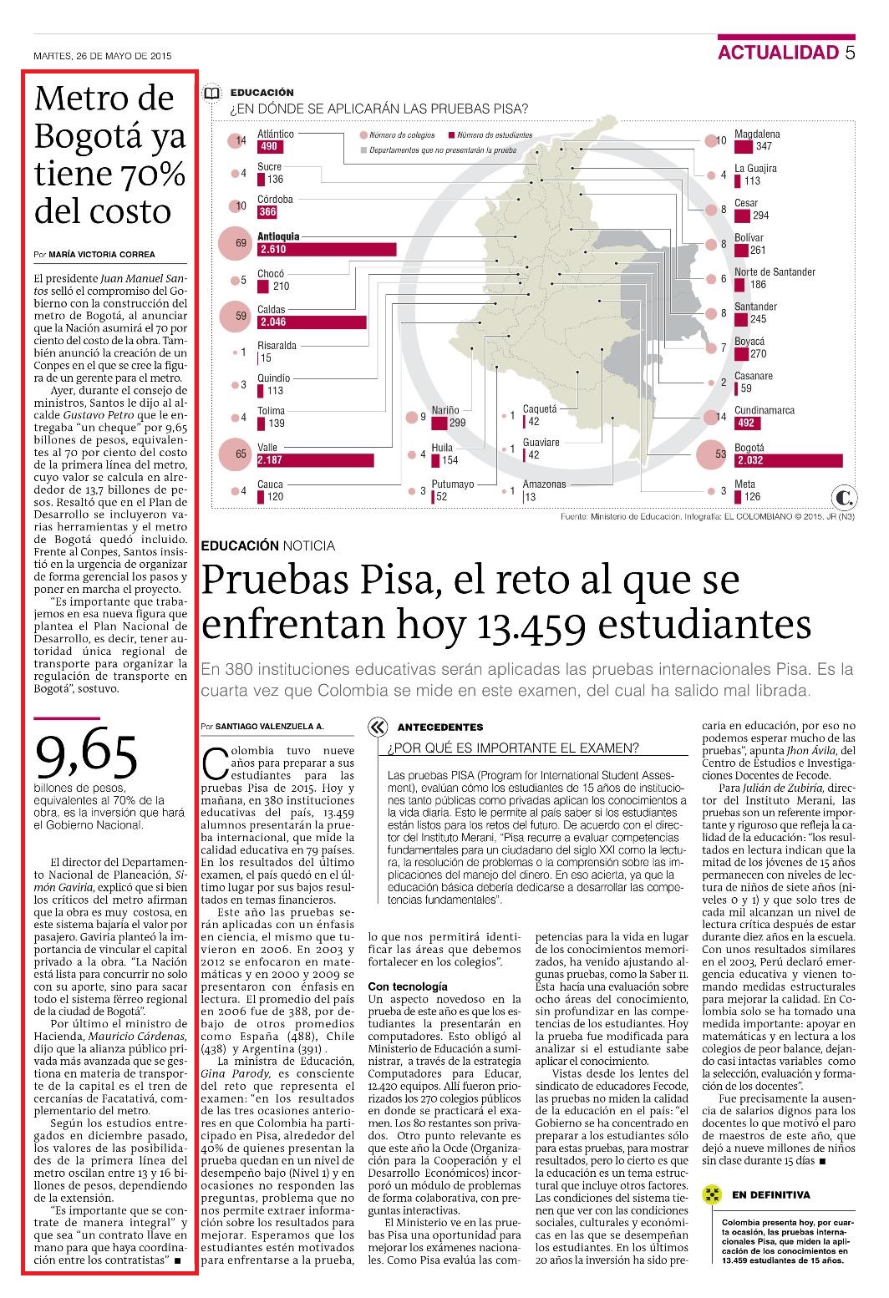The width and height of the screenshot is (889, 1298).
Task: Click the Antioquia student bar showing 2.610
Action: [327, 249]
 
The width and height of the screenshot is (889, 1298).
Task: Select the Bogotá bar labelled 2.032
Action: [788, 460]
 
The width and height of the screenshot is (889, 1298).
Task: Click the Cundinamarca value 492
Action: [747, 423]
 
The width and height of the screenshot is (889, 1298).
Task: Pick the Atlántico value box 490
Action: [270, 147]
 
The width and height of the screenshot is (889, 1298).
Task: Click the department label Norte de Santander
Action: [775, 271]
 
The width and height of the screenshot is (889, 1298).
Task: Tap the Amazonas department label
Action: [544, 484]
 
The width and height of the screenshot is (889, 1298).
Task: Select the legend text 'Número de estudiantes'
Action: [495, 135]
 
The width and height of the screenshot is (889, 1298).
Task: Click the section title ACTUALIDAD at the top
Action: [779, 52]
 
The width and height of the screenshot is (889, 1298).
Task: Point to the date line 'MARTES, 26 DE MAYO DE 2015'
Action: [103, 56]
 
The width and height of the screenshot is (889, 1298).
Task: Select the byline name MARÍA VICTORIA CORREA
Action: [102, 255]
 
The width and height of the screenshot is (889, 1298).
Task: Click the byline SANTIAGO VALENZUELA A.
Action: [270, 726]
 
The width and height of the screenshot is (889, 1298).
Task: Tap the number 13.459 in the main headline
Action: [531, 626]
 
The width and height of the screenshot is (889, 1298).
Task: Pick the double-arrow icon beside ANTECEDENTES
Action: [378, 727]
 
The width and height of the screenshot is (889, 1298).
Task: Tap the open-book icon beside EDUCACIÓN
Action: [211, 94]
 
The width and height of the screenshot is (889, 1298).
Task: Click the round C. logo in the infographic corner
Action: [843, 497]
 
